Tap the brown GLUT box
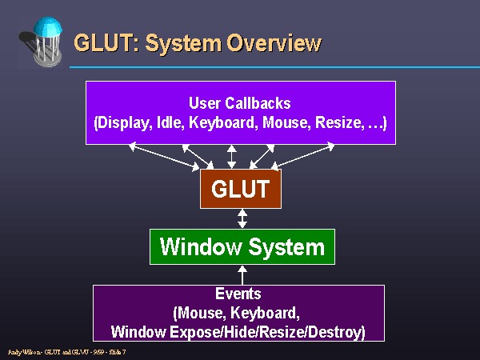[240, 189]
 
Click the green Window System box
[242, 246]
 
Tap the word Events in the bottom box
[238, 294]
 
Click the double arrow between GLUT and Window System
[242, 218]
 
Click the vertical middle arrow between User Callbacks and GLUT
[232, 157]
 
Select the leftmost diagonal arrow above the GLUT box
[164, 156]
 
